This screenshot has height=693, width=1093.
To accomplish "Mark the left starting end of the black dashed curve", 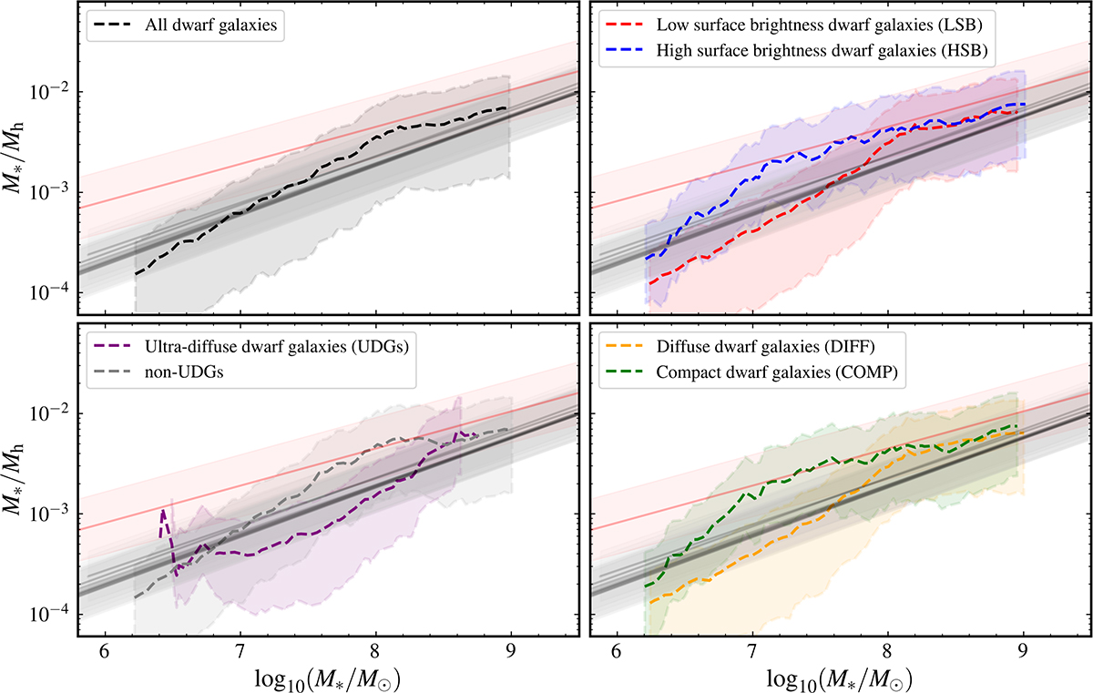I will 136,274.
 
